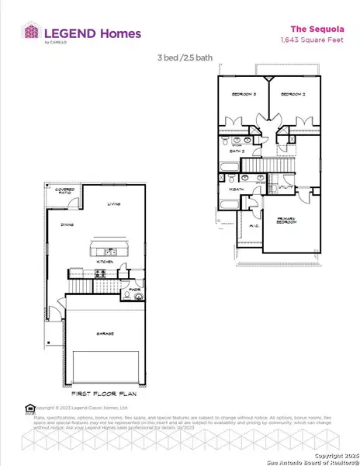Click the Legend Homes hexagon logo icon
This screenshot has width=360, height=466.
pyautogui.click(x=32, y=33)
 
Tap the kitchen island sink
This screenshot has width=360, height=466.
pyautogui.click(x=111, y=251)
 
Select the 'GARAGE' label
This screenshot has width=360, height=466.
pyautogui.click(x=106, y=333)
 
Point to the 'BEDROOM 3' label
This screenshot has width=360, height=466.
pyautogui.click(x=243, y=94)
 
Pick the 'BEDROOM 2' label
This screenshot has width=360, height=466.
pyautogui.click(x=291, y=94)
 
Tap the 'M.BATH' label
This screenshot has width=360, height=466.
pyautogui.click(x=235, y=190)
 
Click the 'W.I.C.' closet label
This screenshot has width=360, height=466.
pyautogui.click(x=254, y=226)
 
